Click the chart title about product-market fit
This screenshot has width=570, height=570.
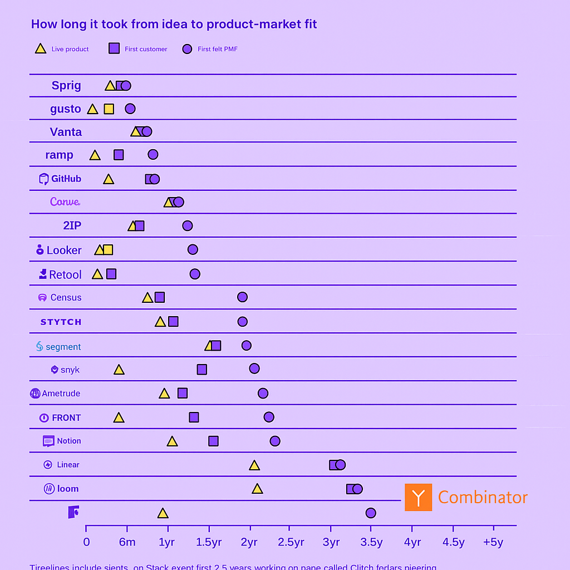(174, 24)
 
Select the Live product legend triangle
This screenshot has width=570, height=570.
(41, 48)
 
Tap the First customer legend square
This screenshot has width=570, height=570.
(114, 48)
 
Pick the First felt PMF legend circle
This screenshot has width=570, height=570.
(187, 49)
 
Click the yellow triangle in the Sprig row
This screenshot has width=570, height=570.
(110, 86)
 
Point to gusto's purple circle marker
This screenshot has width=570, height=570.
(130, 109)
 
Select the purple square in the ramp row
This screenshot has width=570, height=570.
(119, 155)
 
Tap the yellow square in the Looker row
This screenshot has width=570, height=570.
(108, 250)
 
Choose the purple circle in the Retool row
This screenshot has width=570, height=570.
(195, 274)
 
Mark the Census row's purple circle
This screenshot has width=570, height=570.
(242, 297)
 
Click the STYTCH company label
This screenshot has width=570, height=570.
(61, 322)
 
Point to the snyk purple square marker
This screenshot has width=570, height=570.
(202, 370)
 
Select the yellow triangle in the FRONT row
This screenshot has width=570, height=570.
(119, 417)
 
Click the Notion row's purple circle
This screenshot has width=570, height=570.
(275, 441)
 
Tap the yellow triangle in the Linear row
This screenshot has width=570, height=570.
(254, 465)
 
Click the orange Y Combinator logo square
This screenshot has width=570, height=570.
(418, 497)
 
